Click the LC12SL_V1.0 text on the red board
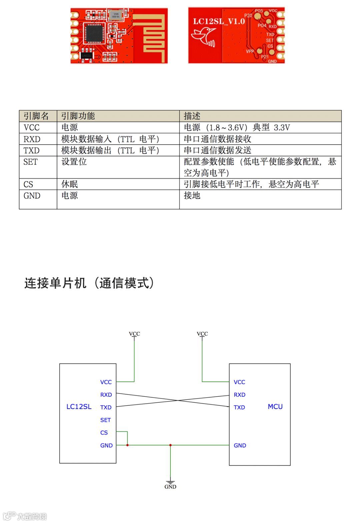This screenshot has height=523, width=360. (x=219, y=21)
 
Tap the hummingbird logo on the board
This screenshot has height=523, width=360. (x=204, y=36)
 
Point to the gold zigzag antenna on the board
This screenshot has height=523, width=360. (x=153, y=37)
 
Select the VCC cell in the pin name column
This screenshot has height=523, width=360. (x=32, y=128)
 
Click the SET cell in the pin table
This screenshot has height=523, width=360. (x=30, y=162)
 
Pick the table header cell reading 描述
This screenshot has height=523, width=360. (x=192, y=116)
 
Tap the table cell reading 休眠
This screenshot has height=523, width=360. (x=70, y=184)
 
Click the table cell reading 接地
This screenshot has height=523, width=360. (x=192, y=196)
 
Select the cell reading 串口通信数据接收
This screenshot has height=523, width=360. (x=217, y=139)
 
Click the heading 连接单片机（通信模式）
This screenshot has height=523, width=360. (x=89, y=283)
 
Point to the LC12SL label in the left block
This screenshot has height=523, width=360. (x=79, y=407)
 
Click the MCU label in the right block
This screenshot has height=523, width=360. (x=275, y=407)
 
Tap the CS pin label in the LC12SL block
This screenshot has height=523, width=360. (x=104, y=433)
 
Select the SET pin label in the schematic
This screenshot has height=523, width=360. (x=105, y=420)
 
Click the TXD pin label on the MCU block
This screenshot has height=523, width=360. (x=239, y=407)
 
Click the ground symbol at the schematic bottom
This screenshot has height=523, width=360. (x=170, y=483)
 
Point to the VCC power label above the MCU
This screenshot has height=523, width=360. (x=202, y=334)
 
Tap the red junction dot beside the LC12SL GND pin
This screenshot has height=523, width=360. (x=127, y=445)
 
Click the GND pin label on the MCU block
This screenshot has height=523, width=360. (x=240, y=445)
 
